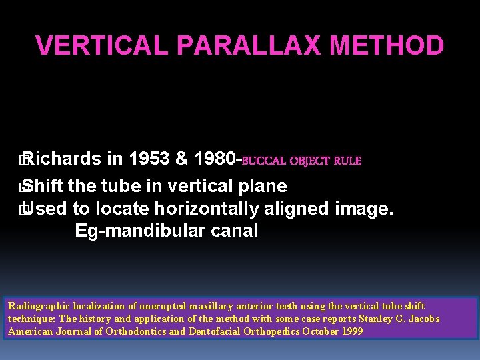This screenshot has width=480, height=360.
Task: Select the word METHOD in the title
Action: (387, 46)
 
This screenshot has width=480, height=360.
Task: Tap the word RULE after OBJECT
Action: (347, 161)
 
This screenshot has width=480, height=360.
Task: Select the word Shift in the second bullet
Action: (45, 186)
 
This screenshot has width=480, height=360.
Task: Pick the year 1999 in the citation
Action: (352, 331)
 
